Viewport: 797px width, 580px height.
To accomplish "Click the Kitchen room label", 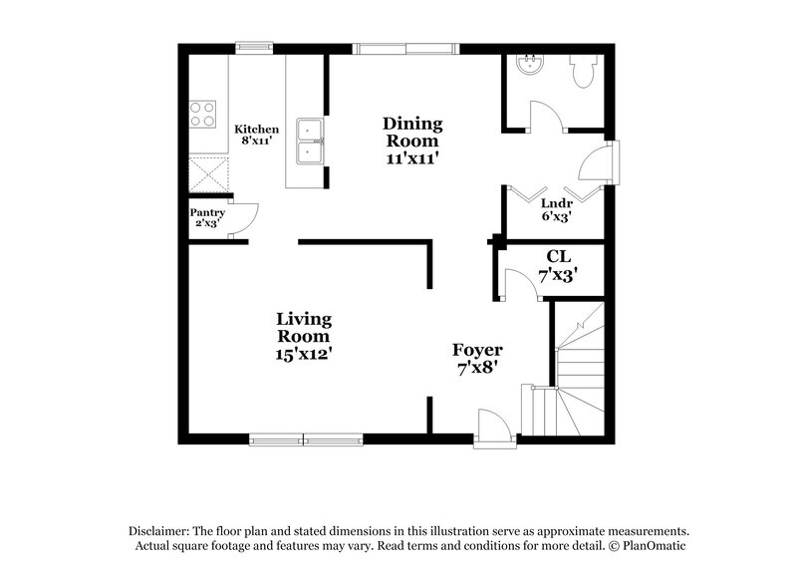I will [256, 136].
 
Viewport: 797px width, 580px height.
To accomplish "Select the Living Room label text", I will [304, 336].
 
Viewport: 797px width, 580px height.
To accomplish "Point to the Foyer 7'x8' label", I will [477, 358].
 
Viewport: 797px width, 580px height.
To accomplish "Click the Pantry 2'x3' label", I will [208, 217].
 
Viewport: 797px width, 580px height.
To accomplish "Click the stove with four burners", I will [203, 114].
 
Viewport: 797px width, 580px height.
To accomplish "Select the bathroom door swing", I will [548, 115].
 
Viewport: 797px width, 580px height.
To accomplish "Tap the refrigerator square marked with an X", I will [208, 175].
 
